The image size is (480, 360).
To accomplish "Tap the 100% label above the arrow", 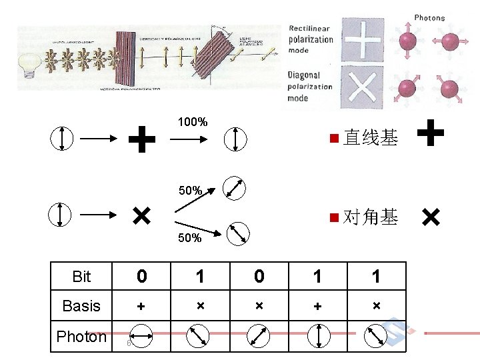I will tap(192, 122).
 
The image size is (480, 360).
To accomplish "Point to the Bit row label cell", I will tap(81, 276).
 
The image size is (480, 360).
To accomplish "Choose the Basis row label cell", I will tap(81, 306).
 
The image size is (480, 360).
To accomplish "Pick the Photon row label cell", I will tap(81, 337).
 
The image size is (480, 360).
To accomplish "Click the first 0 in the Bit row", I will tap(141, 276).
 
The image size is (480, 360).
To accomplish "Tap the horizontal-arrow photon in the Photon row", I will tap(141, 337).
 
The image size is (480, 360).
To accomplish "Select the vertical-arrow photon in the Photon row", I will tap(319, 337).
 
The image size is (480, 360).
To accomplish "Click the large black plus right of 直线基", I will tap(432, 131).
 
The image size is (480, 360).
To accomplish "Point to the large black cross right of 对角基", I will tap(431, 217).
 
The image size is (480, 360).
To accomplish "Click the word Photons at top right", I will tap(429, 18).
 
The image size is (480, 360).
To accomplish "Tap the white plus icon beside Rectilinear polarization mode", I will tap(363, 40).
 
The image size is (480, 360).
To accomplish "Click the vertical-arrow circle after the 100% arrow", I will tap(236, 139).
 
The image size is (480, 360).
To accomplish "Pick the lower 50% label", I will tap(190, 238).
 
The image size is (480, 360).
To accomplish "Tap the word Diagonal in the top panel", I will tap(304, 75).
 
